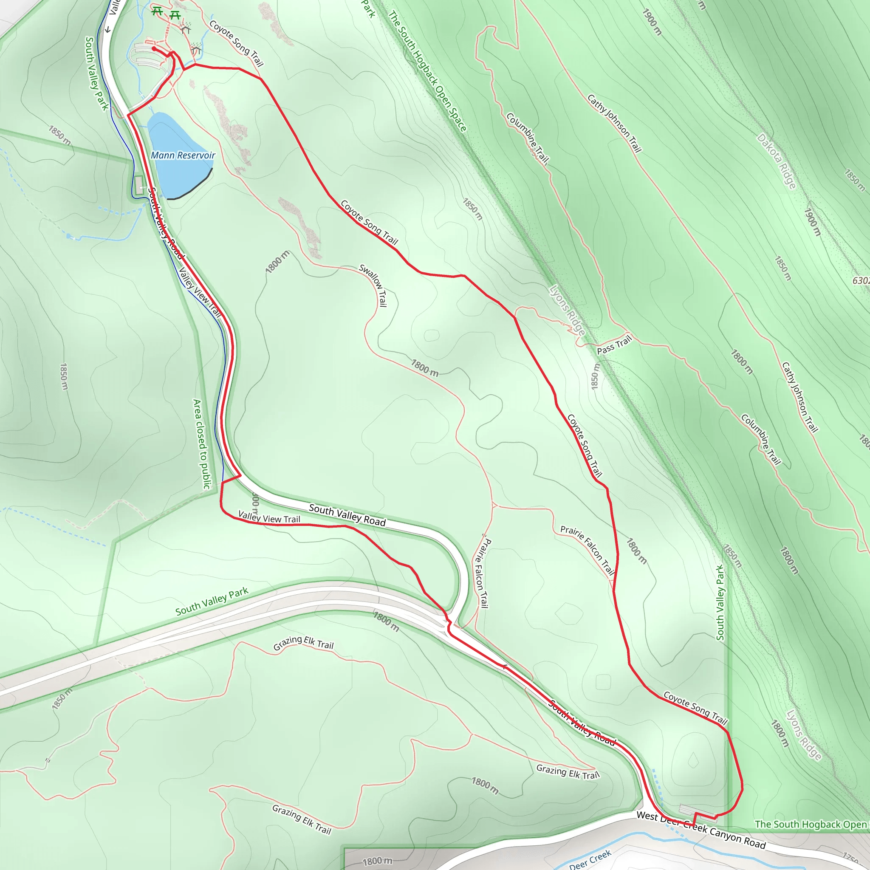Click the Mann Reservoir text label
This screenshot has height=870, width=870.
pyautogui.click(x=183, y=155)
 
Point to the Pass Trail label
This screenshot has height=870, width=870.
pyautogui.click(x=614, y=345)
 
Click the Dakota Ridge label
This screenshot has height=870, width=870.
pyautogui.click(x=777, y=161)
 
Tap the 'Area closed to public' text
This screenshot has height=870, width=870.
pyautogui.click(x=201, y=444)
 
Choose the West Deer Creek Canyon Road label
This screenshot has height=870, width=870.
pyautogui.click(x=701, y=829)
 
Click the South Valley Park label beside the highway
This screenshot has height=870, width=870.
pyautogui.click(x=212, y=601)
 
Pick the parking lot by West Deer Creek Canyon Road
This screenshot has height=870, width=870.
pyautogui.click(x=698, y=810)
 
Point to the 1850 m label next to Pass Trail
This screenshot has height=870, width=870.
pyautogui.click(x=595, y=376)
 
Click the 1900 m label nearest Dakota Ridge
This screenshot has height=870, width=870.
pyautogui.click(x=813, y=222)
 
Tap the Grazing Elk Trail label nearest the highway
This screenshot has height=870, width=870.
pyautogui.click(x=303, y=643)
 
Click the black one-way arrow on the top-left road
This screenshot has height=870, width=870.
pyautogui.click(x=108, y=30)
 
